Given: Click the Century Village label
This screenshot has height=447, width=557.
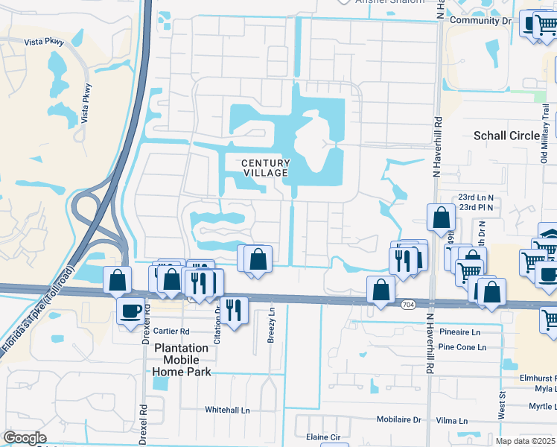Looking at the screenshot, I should pos(265,168).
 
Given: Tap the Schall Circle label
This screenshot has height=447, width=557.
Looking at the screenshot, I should pos(506,136).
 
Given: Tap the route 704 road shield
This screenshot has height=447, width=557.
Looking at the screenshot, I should pos(407,305).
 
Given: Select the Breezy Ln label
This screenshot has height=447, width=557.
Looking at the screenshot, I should pos(271,326).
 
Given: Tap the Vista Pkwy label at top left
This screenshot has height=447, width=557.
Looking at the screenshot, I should pos(44,43).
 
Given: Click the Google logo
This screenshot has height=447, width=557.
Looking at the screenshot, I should pos(25,438).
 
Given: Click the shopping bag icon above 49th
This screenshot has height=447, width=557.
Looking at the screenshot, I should pos(441,218).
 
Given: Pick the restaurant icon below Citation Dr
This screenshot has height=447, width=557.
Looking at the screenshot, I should pos(234,308).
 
